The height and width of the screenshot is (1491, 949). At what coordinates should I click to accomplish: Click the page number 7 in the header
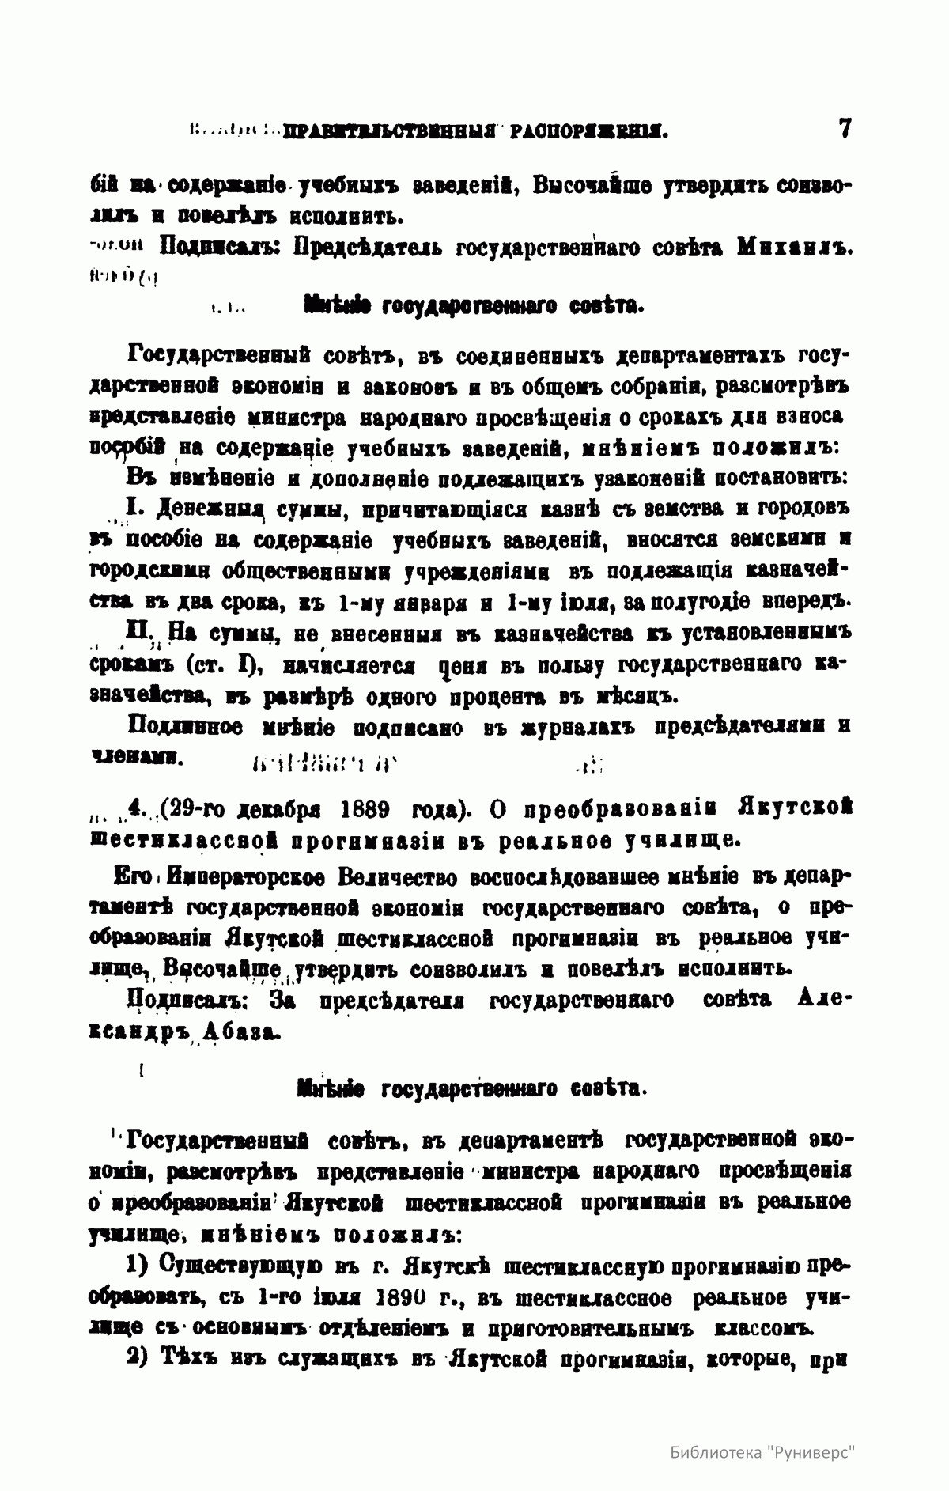844,128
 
